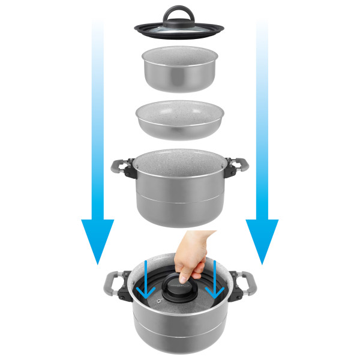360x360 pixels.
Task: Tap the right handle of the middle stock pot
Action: coord(236,166)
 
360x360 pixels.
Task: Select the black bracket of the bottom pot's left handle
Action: coord(124,293)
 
